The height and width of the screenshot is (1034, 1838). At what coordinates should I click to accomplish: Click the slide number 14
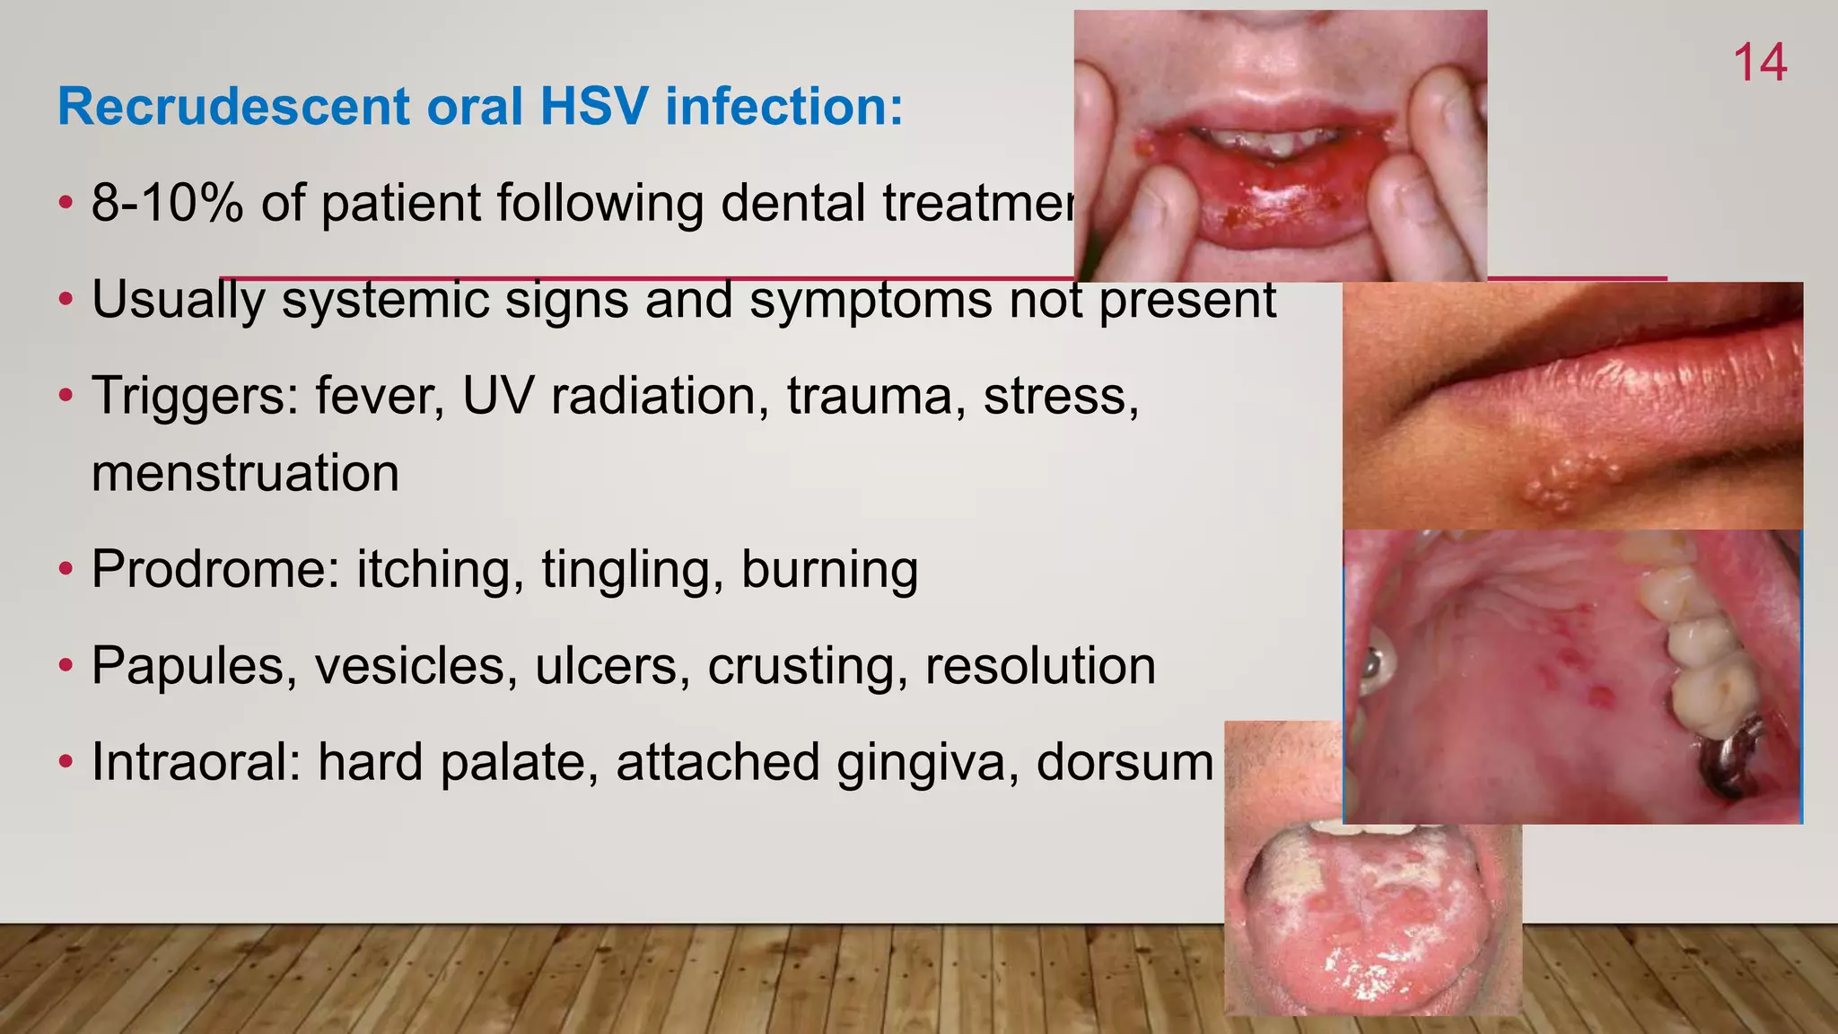(x=1759, y=64)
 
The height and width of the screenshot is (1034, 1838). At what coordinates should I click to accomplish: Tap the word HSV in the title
(x=592, y=107)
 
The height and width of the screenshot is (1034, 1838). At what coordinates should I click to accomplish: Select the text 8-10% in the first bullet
(x=167, y=203)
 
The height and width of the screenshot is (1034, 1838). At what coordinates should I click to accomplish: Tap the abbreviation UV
(x=497, y=396)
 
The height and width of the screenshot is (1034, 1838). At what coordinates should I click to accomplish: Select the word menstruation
(x=245, y=474)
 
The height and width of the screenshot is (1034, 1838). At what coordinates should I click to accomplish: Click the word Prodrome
(x=215, y=570)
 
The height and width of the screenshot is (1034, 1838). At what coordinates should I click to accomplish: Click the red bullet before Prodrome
(x=65, y=571)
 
